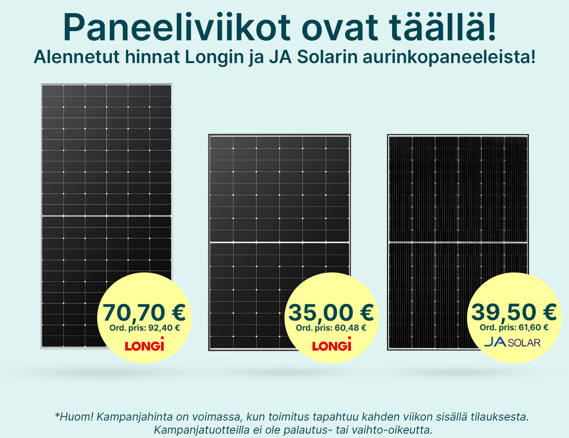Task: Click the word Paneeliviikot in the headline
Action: (x=177, y=27)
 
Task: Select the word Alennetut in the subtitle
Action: (x=77, y=57)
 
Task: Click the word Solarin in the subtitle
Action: (x=327, y=57)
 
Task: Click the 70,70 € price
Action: (x=144, y=313)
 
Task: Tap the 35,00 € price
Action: (x=331, y=313)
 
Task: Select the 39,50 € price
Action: (x=514, y=312)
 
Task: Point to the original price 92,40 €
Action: (x=164, y=328)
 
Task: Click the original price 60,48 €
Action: (x=351, y=328)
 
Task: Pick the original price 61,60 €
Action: (x=533, y=328)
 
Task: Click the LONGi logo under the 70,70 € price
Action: (x=144, y=344)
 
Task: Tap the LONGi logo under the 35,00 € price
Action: (x=331, y=344)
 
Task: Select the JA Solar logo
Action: (x=512, y=343)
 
